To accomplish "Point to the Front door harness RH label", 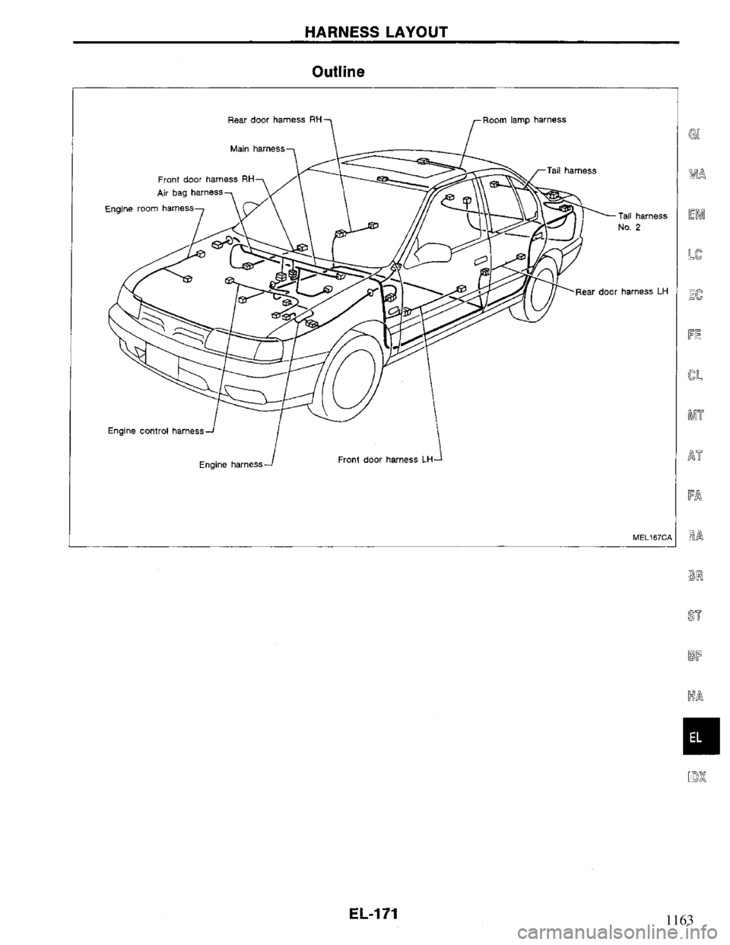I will tap(205, 180).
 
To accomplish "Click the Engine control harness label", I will tap(155, 431).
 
